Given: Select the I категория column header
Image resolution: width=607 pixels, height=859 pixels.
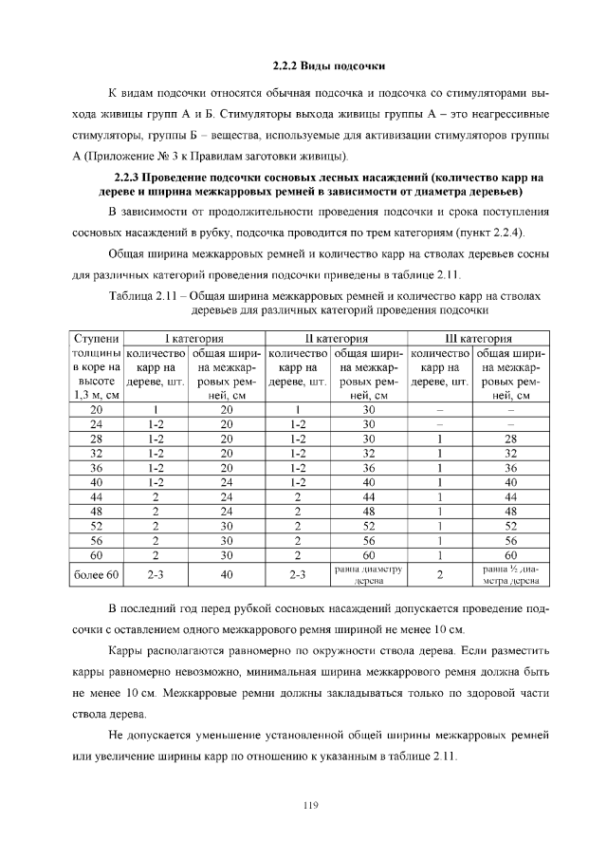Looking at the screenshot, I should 194,338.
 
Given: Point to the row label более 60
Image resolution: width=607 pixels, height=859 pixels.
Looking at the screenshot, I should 97,574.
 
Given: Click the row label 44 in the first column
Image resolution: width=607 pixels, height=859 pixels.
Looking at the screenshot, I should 97,496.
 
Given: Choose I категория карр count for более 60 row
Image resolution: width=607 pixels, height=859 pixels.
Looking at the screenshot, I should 156,574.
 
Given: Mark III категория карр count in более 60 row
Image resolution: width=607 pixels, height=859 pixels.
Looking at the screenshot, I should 440,574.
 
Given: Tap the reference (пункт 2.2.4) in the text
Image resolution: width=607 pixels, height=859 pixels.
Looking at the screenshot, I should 481,233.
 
